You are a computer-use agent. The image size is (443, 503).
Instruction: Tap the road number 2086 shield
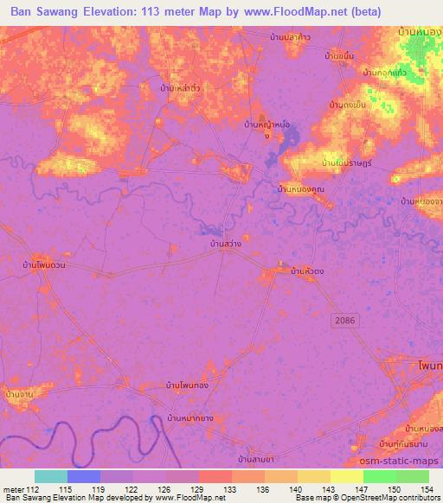(x=343, y=320)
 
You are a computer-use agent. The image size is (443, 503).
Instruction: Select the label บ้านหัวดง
(x=307, y=271)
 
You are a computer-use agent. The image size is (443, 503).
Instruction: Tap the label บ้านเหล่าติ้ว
(x=181, y=88)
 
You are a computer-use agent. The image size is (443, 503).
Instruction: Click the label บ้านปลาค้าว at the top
(x=290, y=36)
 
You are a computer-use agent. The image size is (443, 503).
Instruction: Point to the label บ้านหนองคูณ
(x=300, y=188)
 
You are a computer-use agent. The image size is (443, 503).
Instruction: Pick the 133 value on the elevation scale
(x=230, y=490)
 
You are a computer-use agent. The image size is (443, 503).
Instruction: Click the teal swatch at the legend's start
(x=51, y=476)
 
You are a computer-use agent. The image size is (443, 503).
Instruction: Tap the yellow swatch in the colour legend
(x=346, y=476)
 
